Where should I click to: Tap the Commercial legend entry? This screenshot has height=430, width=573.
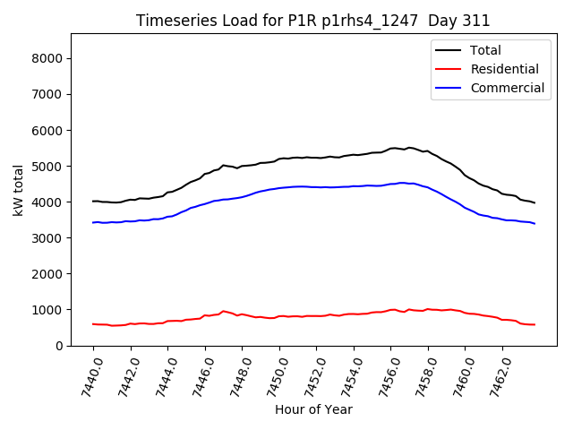(x=507, y=88)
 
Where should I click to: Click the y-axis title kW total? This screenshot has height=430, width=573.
(x=19, y=191)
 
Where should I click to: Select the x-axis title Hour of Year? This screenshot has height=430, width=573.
(x=313, y=409)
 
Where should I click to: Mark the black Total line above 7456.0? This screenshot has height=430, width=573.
(x=391, y=148)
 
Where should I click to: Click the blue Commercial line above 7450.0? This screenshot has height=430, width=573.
(x=279, y=187)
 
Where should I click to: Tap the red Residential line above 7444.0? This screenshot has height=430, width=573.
(x=168, y=321)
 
